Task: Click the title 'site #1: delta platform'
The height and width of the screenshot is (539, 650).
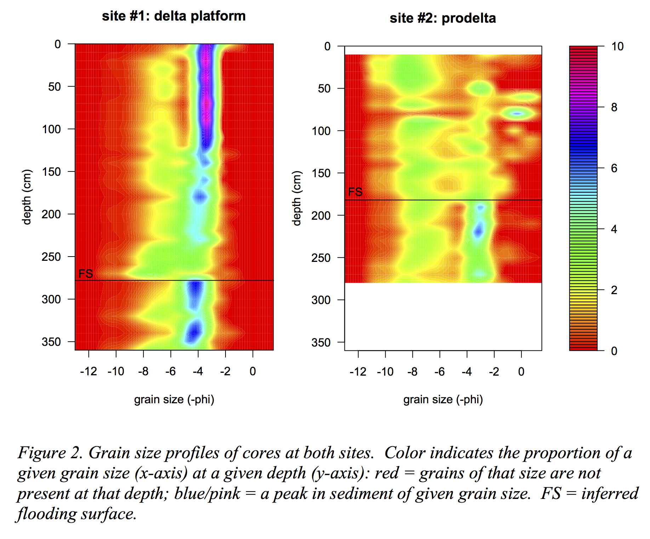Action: coord(173,16)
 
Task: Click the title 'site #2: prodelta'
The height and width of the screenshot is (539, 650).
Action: coord(443,18)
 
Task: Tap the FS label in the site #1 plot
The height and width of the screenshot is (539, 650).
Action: coord(85,274)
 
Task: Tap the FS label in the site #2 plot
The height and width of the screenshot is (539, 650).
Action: coord(355,192)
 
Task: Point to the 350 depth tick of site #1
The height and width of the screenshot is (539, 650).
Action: coord(51,342)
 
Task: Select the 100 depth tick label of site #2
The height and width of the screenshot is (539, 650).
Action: coord(321,131)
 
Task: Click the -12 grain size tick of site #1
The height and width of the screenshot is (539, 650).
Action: coord(89,371)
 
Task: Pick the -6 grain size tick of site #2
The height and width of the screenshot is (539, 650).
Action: coord(439,372)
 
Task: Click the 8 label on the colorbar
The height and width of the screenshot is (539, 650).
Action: coord(614,107)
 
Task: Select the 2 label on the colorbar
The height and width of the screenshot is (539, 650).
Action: coord(614,290)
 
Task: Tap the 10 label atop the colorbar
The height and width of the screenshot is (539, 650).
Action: coord(617,46)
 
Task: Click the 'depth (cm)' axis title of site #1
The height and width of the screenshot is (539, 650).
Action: coord(27,197)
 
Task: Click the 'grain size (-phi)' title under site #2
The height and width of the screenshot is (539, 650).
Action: coord(443,400)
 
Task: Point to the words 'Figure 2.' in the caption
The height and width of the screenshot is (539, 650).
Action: coord(50,453)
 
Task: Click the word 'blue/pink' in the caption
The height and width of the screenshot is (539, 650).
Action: coord(207,494)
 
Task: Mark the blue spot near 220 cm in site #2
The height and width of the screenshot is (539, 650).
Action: coord(478,231)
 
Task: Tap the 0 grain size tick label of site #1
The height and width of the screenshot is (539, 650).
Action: coord(252,371)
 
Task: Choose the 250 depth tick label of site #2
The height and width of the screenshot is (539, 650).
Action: coord(321,258)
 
